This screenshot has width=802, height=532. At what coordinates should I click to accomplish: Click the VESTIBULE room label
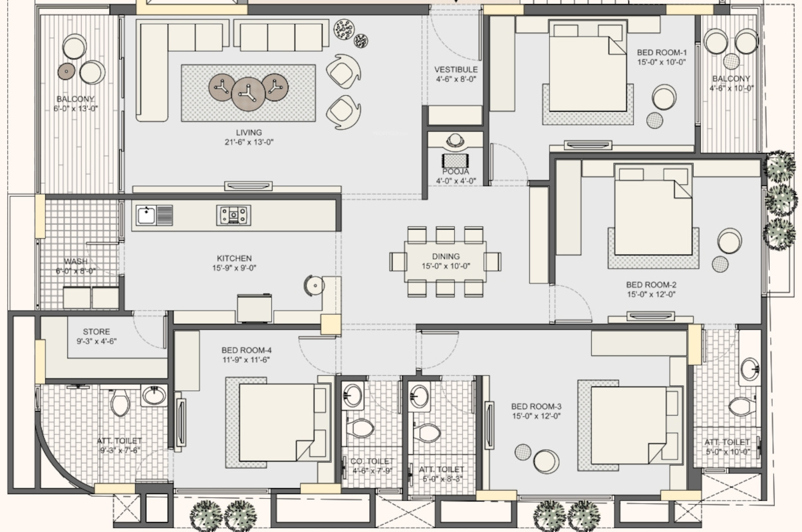[456, 69]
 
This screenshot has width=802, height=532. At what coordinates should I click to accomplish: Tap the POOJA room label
[456, 172]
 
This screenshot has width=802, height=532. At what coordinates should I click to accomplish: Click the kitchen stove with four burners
[233, 215]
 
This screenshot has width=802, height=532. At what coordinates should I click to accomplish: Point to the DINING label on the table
[446, 256]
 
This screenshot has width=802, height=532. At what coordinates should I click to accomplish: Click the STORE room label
[96, 332]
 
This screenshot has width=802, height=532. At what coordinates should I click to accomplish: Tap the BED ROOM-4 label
[246, 350]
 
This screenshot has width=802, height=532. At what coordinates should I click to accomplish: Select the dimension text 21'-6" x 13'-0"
[249, 142]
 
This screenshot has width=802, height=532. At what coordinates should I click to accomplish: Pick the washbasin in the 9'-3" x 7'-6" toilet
[154, 395]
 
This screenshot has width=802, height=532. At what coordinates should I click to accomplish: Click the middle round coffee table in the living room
[248, 94]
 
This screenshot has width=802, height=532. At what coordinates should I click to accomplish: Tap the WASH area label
[76, 261]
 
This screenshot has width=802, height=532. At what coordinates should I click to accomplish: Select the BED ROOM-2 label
[651, 285]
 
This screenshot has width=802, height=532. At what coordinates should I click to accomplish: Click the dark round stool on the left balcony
[67, 71]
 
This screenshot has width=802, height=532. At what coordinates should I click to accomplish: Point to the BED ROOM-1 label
[662, 53]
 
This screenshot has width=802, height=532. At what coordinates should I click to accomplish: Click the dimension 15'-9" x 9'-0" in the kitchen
[234, 268]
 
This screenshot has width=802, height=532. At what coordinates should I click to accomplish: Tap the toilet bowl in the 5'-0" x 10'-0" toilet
[742, 407]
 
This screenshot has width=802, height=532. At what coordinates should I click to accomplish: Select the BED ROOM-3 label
[536, 406]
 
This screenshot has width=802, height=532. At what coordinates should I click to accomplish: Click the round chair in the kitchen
[314, 286]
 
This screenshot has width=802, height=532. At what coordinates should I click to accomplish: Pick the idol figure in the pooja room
[456, 141]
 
